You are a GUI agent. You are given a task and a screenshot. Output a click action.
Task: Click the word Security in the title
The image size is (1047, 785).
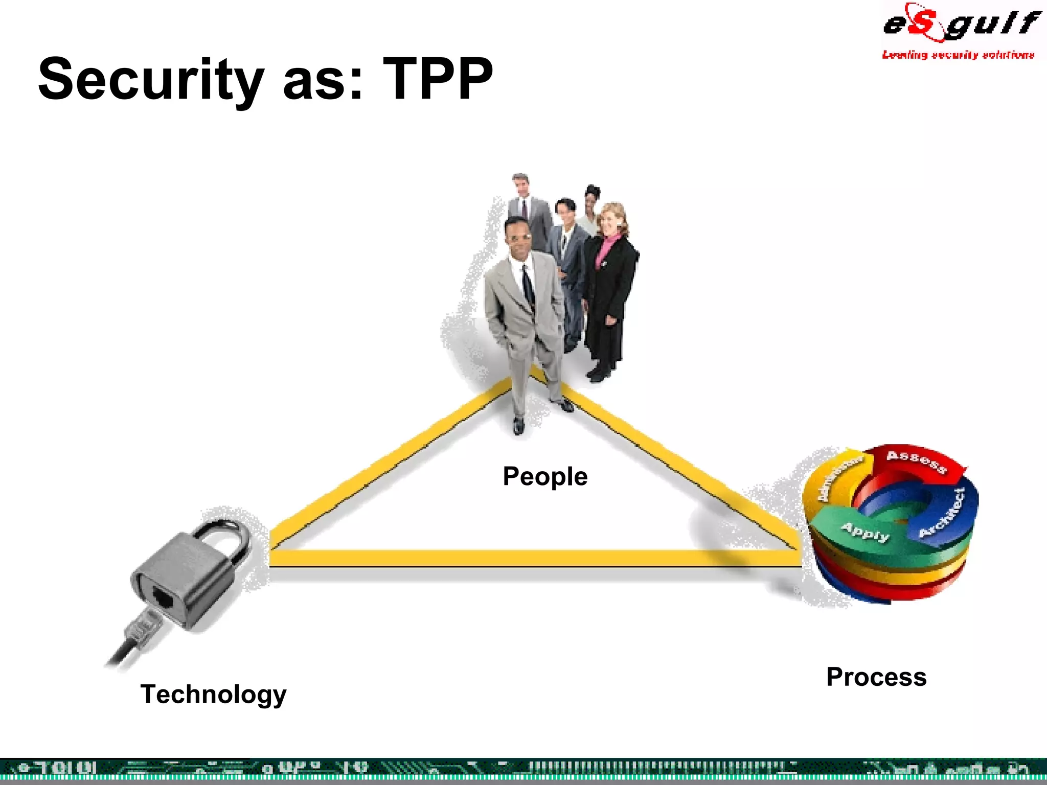pyautogui.click(x=151, y=79)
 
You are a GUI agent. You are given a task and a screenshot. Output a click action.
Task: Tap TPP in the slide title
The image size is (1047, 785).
pyautogui.click(x=438, y=79)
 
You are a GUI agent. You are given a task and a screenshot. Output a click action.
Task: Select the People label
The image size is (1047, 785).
pyautogui.click(x=545, y=476)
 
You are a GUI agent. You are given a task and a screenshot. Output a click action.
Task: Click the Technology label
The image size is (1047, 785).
pyautogui.click(x=214, y=694)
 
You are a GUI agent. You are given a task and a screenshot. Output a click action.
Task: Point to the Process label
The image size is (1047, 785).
pyautogui.click(x=876, y=677)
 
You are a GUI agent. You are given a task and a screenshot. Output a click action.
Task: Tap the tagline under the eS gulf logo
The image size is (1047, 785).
pyautogui.click(x=958, y=55)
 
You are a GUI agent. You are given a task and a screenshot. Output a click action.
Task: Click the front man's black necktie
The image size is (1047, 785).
pyautogui.click(x=528, y=286)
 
